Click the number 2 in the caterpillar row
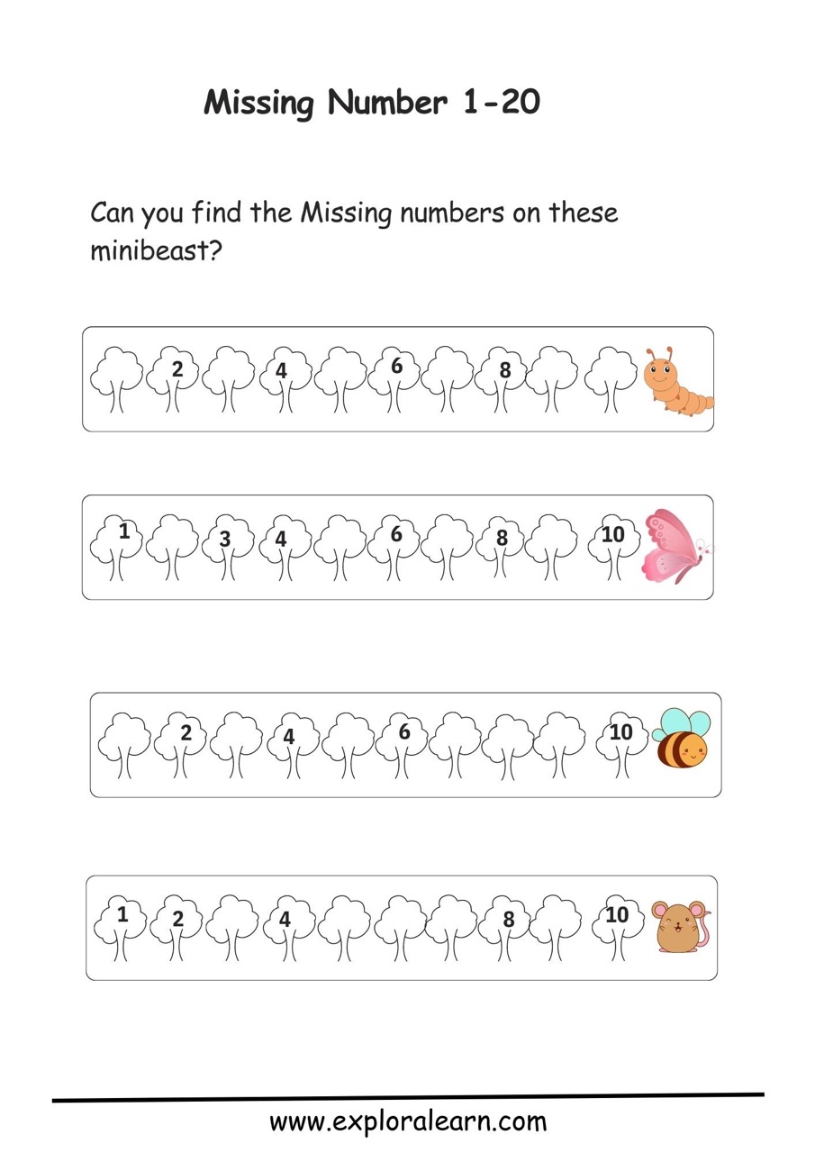(177, 369)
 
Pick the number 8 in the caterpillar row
(505, 370)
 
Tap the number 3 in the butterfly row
(225, 539)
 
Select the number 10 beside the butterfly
(612, 534)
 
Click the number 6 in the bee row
(404, 731)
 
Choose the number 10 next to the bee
(620, 732)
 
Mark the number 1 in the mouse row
(122, 914)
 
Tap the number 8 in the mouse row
(508, 920)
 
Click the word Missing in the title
(258, 104)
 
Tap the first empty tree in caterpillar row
(117, 379)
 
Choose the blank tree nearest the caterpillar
(611, 379)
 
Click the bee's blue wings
(681, 722)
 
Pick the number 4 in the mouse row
(285, 920)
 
